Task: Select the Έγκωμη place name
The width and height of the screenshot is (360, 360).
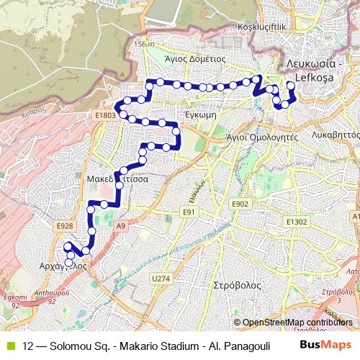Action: point(202,114)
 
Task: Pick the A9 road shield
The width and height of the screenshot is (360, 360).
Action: point(120,226)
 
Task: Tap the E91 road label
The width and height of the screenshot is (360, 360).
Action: point(189,212)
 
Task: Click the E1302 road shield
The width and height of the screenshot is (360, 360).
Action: point(297,222)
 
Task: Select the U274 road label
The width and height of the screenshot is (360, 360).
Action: point(161,277)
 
